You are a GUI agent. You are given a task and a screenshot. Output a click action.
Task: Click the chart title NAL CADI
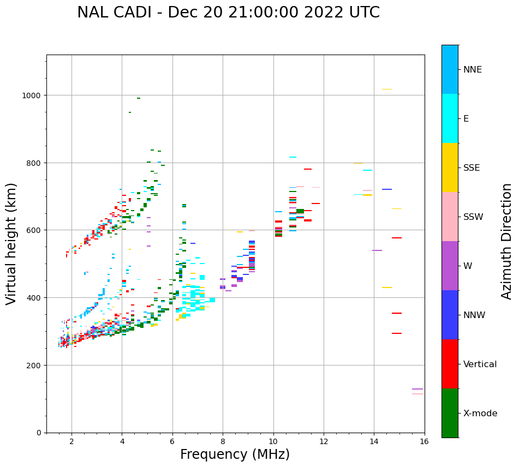click(228, 13)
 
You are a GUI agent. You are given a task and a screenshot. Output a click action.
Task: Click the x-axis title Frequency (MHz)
click(235, 454)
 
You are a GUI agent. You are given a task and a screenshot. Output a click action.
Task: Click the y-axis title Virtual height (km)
click(11, 243)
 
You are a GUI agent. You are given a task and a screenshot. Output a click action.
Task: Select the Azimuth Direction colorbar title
click(506, 241)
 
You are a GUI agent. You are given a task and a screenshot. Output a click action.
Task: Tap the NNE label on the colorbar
click(473, 69)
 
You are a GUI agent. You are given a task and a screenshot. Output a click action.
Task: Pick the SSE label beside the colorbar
click(472, 167)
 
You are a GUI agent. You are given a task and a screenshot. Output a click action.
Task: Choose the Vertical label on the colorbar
click(480, 364)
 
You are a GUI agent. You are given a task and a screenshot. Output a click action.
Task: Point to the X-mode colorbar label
click(480, 413)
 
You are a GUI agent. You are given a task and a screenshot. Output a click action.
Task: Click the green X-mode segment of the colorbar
click(450, 413)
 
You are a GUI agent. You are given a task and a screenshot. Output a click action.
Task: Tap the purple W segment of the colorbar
click(450, 266)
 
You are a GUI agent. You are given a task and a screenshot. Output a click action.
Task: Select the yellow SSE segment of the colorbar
click(450, 167)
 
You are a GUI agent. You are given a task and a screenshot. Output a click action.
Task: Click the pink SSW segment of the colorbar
click(450, 217)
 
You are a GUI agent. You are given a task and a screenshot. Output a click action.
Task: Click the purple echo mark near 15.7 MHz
click(417, 389)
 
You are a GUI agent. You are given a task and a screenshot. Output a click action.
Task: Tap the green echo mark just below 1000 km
click(139, 98)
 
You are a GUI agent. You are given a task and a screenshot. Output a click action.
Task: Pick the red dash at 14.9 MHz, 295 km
click(397, 333)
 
